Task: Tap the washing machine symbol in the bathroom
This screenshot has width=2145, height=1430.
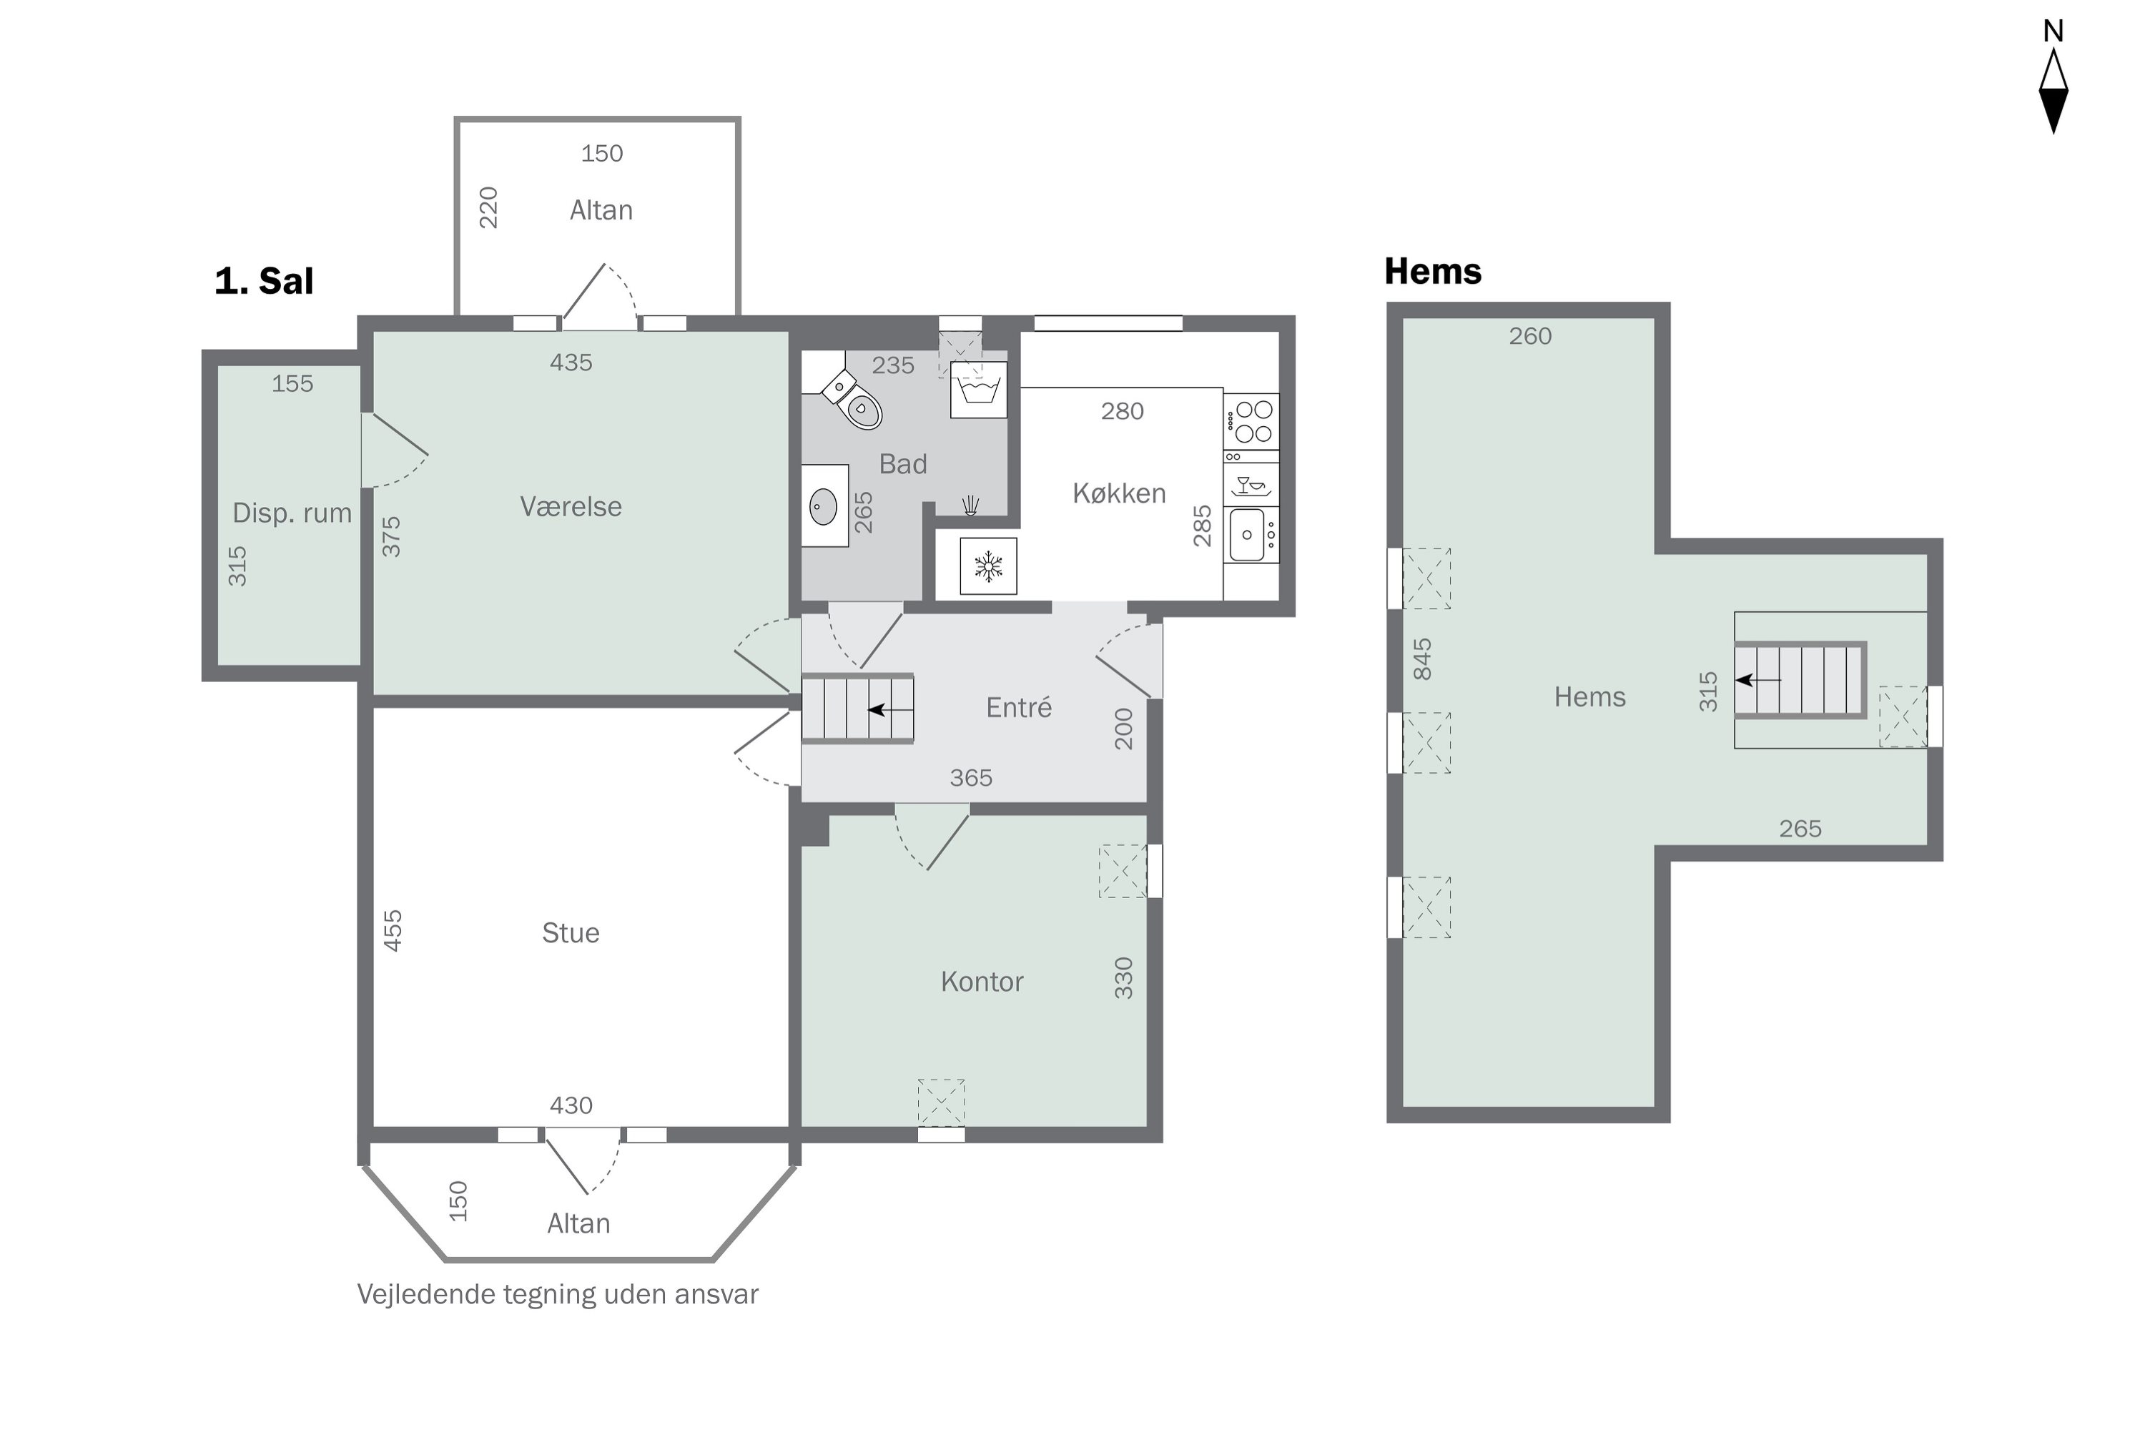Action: (x=979, y=390)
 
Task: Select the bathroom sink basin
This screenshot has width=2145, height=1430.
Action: (x=824, y=506)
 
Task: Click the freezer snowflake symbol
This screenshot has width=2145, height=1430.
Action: (x=989, y=566)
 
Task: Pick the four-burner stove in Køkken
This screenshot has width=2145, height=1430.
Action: (x=1251, y=421)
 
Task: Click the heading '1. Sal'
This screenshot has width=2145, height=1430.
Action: (x=264, y=281)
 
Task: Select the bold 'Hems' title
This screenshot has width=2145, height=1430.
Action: (x=1433, y=271)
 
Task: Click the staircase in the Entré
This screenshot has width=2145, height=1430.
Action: (x=858, y=709)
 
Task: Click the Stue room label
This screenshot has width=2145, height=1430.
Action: (x=571, y=933)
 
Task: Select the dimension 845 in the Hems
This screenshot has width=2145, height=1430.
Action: (x=1422, y=659)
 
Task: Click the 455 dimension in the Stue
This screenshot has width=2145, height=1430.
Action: (x=392, y=930)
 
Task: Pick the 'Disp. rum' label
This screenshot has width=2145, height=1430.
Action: (x=292, y=513)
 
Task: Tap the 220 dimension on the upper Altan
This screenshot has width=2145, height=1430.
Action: (x=489, y=208)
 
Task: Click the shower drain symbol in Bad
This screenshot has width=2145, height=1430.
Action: (x=970, y=506)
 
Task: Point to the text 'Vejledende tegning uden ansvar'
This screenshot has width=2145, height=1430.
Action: (x=557, y=1295)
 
